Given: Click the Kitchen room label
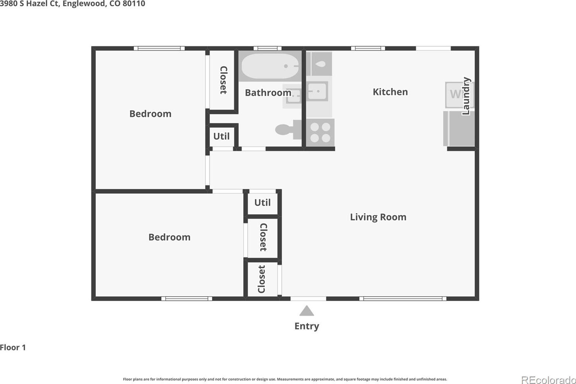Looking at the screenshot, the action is click(x=390, y=92).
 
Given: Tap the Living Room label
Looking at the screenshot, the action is click(x=378, y=217).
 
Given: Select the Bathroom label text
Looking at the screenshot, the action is click(x=268, y=93).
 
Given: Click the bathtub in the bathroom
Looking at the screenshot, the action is click(x=270, y=66).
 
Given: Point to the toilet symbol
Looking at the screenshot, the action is click(x=288, y=129).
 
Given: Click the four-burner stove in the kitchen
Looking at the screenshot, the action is click(x=320, y=132).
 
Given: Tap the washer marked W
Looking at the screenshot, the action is click(x=456, y=94).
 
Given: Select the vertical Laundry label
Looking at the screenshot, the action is click(x=466, y=96).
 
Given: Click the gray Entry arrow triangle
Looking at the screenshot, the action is click(x=306, y=311).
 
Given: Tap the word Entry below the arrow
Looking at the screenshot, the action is click(x=306, y=326).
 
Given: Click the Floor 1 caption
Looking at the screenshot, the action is click(x=13, y=347).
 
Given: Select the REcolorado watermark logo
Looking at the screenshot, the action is click(x=548, y=380).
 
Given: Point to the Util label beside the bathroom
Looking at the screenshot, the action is click(x=222, y=136).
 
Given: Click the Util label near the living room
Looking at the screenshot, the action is click(x=262, y=203).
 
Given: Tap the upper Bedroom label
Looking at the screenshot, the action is click(x=150, y=114).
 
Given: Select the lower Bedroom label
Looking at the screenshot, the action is click(x=169, y=237).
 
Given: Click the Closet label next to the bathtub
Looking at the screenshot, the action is click(x=223, y=80).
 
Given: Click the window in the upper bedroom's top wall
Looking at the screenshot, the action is click(x=159, y=48).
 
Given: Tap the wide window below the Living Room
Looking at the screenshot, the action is click(x=403, y=298).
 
